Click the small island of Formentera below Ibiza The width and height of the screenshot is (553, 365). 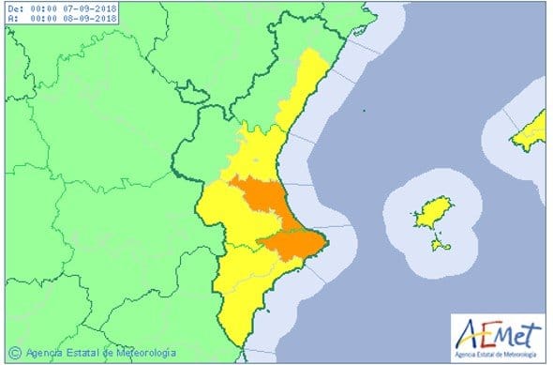pos(438,245)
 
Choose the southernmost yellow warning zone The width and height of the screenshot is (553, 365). pos(239,300)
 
